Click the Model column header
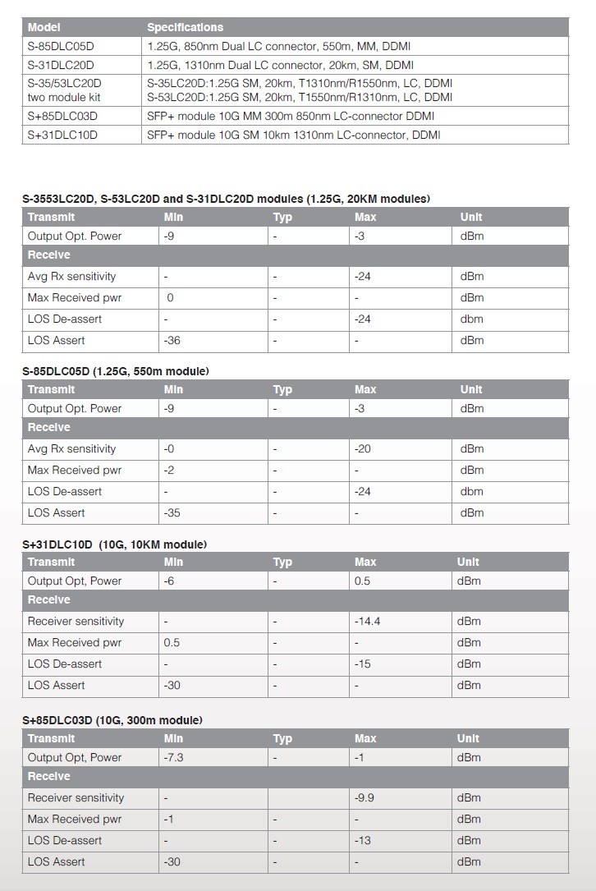[44, 27]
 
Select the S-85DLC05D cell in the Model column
[62, 46]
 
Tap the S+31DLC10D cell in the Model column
[62, 135]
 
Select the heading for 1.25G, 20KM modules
[227, 199]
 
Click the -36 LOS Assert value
[172, 340]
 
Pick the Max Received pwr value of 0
[170, 297]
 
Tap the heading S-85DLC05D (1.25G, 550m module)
[116, 371]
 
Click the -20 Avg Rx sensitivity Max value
[363, 448]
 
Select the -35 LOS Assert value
[172, 512]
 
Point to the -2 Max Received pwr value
[169, 470]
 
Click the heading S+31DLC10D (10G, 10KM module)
[114, 544]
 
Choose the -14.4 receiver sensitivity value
[367, 621]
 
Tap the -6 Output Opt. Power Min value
[169, 581]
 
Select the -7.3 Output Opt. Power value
[174, 757]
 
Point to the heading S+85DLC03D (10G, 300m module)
[112, 720]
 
